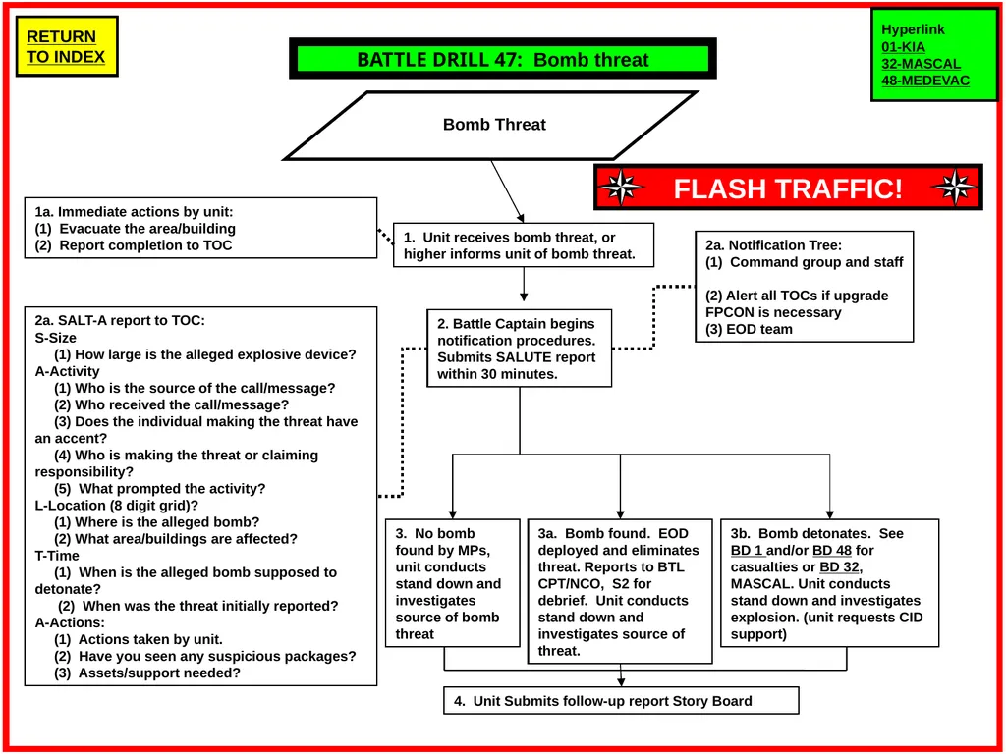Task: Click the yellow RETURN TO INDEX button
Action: (x=67, y=46)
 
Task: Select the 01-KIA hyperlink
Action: (x=904, y=47)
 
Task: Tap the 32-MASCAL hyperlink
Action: (x=922, y=64)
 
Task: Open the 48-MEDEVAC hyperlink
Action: (x=925, y=81)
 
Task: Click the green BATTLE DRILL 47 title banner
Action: (x=503, y=59)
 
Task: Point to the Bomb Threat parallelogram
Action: (x=492, y=125)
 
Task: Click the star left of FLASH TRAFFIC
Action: (x=620, y=188)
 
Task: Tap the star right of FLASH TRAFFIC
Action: (x=955, y=188)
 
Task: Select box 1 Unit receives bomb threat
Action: (x=524, y=244)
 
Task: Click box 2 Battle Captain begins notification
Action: (x=520, y=349)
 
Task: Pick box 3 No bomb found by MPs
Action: (x=452, y=583)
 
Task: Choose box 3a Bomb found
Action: (x=620, y=591)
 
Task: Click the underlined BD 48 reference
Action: (x=831, y=550)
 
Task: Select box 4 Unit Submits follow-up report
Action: (x=621, y=701)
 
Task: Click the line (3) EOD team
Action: (x=749, y=330)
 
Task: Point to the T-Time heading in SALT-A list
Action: (x=57, y=556)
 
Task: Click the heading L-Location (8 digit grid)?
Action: (x=117, y=506)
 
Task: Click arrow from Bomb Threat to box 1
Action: (x=508, y=191)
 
